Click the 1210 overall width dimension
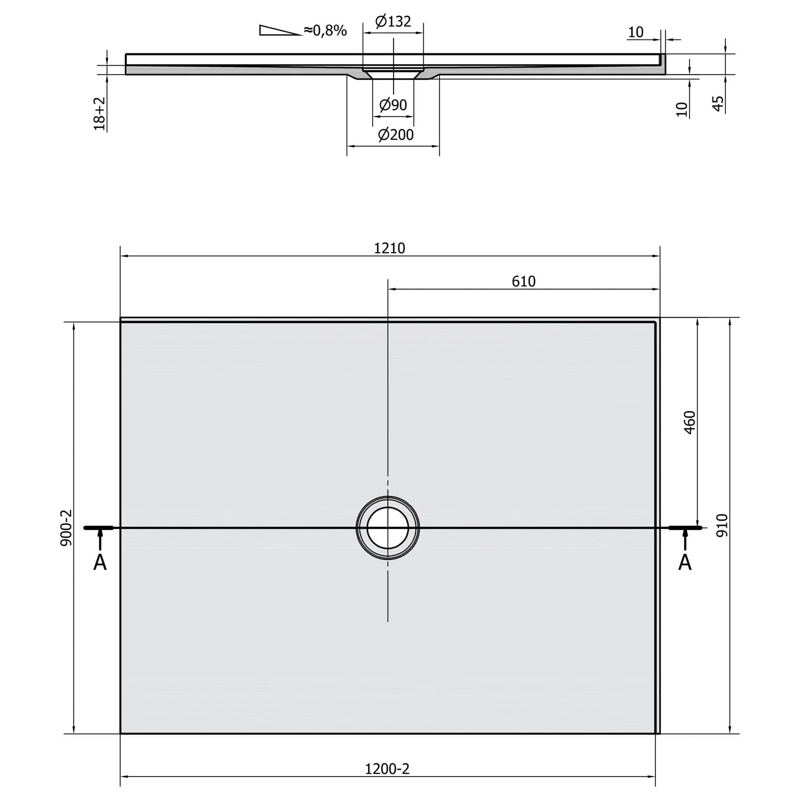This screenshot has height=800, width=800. coord(389,248)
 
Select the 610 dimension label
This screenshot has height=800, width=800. coord(523,281)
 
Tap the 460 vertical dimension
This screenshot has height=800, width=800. coord(690,422)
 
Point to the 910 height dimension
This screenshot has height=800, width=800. coord(721,525)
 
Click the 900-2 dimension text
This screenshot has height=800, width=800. coord(66,528)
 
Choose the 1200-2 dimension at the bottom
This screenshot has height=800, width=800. coord(387,769)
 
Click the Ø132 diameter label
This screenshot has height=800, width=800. coord(393,22)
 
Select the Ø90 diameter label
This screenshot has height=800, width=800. coord(393,105)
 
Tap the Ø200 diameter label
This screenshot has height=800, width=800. coord(396,135)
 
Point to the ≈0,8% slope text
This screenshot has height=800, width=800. coord(325,30)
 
